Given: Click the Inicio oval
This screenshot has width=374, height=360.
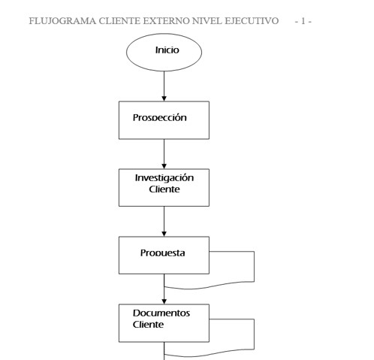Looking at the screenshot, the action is (164, 53).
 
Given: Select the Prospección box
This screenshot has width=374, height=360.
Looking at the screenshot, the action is (164, 120).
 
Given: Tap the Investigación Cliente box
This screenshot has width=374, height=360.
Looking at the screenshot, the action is (164, 188).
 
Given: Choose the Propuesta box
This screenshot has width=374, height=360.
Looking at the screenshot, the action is (164, 256).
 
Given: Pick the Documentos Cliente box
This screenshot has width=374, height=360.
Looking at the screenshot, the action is (164, 323).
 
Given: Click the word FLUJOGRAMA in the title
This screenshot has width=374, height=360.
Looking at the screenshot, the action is (62, 21).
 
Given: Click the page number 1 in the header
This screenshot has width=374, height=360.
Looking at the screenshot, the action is (303, 21).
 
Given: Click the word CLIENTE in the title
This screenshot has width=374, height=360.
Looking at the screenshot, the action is (119, 21).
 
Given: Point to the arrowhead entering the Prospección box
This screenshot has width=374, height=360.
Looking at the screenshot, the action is (164, 98).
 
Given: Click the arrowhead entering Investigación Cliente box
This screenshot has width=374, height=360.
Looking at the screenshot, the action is (164, 166).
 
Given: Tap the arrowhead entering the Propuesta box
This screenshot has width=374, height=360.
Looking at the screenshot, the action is (164, 234).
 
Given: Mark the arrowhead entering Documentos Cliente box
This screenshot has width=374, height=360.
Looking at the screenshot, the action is (164, 301).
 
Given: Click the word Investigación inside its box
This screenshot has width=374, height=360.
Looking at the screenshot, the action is (164, 178).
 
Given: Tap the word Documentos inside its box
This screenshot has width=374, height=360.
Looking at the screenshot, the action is (161, 313).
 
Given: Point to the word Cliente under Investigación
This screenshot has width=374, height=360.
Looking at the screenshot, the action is (164, 189).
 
